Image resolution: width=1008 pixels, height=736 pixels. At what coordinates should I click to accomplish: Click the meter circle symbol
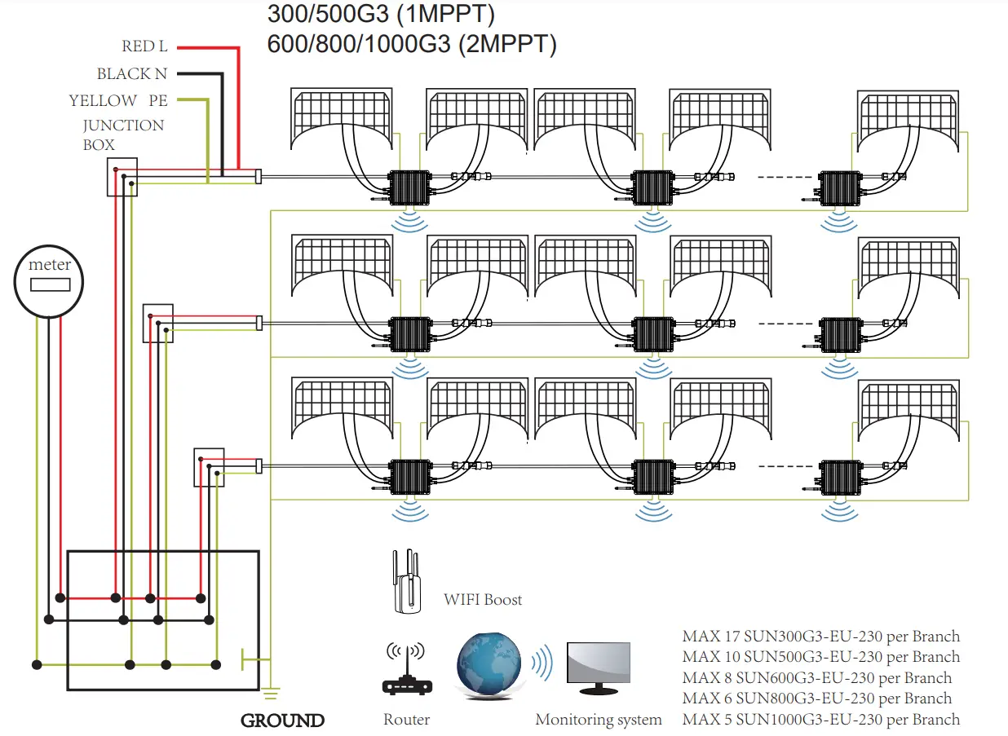(x=50, y=282)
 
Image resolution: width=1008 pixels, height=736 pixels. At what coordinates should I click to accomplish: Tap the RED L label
(x=144, y=47)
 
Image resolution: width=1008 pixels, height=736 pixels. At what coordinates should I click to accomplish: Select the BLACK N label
(x=131, y=74)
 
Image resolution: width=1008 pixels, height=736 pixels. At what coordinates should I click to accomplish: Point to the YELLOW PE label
(x=117, y=101)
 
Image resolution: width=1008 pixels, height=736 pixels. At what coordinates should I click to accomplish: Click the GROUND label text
(x=282, y=721)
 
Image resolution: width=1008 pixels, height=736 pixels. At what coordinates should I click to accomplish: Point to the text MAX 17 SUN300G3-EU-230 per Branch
(x=820, y=637)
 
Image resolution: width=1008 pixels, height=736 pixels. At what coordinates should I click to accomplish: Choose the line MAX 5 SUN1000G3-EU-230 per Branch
(x=820, y=720)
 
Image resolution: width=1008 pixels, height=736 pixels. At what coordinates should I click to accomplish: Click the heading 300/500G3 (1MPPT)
(x=381, y=14)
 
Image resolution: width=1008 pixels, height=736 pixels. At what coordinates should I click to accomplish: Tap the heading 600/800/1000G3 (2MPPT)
(x=412, y=44)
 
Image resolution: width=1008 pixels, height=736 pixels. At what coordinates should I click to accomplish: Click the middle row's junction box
(x=157, y=323)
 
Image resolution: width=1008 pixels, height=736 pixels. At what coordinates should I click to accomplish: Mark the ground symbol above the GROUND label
(x=272, y=694)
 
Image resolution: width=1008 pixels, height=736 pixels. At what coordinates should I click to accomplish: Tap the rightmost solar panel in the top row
(x=908, y=121)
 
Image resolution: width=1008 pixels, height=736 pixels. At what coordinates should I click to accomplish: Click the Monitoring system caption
(x=598, y=720)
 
